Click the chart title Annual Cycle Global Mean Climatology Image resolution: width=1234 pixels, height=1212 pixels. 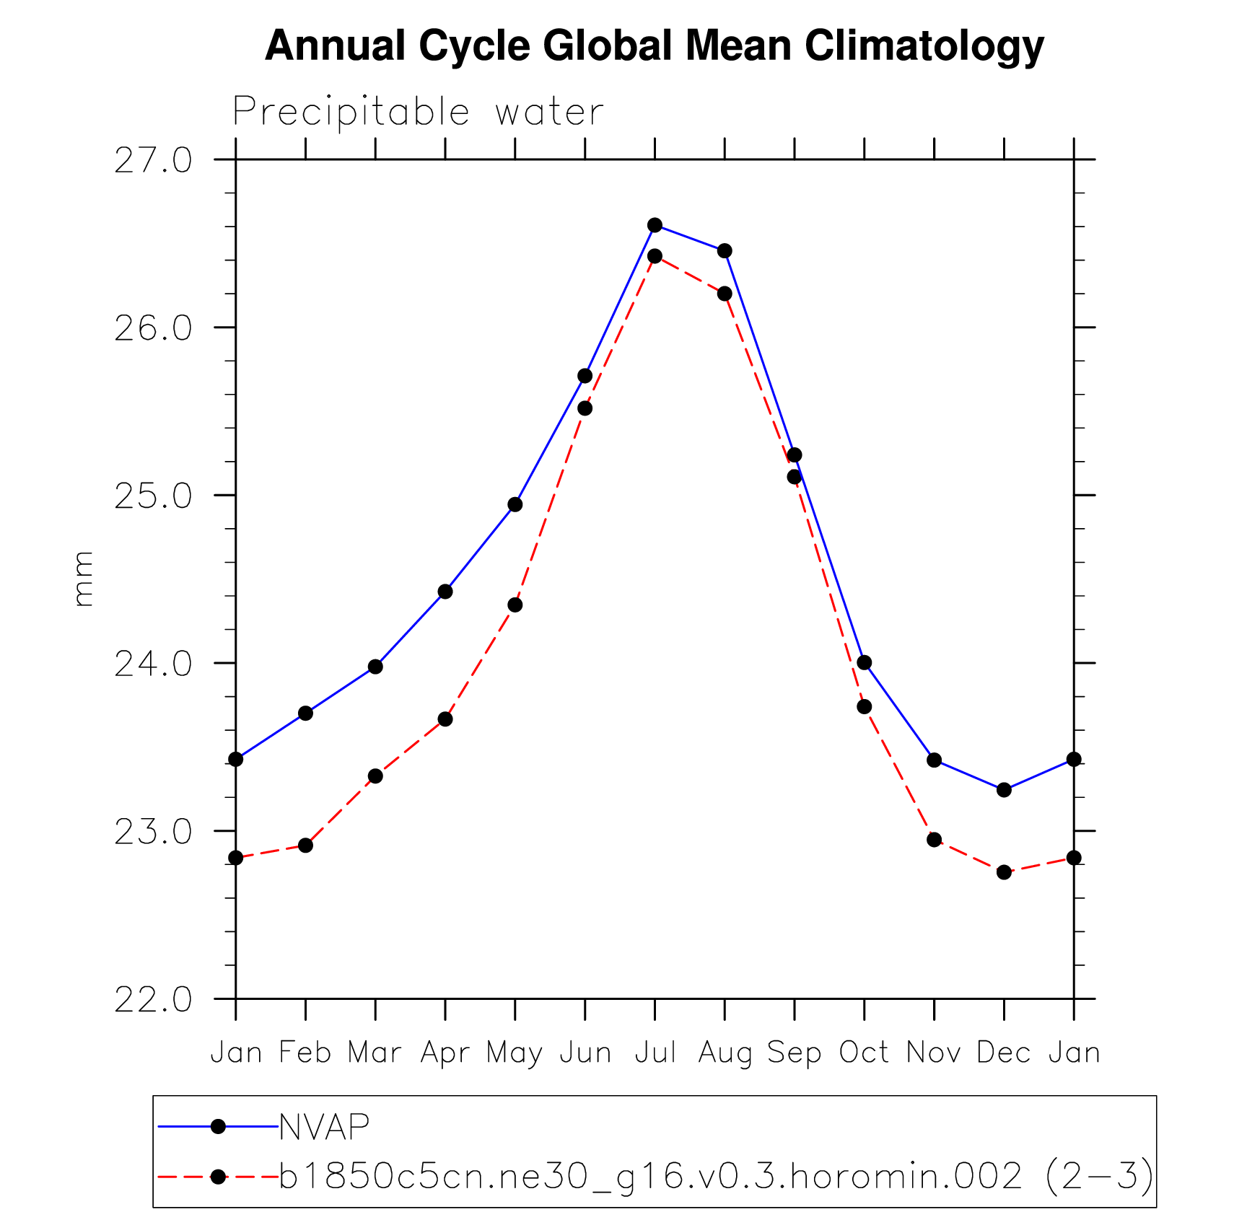click(x=654, y=46)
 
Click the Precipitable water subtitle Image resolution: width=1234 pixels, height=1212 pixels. click(x=417, y=113)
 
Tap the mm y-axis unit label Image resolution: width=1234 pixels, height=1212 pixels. click(x=84, y=578)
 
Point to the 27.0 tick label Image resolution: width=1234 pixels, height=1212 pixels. click(x=153, y=160)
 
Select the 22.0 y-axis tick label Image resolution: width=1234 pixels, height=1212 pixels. click(x=153, y=1000)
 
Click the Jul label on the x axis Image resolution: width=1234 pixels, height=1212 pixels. click(x=655, y=1053)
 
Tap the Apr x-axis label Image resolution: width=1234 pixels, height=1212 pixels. click(x=445, y=1053)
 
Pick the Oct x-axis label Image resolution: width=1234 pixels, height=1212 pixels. click(x=864, y=1053)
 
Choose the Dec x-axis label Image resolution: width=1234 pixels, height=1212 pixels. click(x=1003, y=1053)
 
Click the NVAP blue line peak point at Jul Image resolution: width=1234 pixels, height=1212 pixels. click(x=655, y=225)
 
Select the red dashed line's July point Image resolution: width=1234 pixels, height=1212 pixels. click(x=655, y=256)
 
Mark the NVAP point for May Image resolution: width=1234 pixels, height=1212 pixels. click(x=515, y=504)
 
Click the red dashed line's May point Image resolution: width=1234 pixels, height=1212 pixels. click(x=515, y=605)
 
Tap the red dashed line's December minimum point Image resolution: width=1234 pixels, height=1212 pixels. click(x=1004, y=872)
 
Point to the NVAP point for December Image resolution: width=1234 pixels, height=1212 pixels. click(x=1004, y=790)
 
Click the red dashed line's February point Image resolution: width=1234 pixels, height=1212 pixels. click(x=305, y=845)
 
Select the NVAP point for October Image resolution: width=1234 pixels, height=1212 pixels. click(x=864, y=662)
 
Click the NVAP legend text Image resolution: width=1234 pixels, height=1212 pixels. click(x=324, y=1127)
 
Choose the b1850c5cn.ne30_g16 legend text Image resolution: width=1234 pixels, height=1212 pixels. click(x=714, y=1177)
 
